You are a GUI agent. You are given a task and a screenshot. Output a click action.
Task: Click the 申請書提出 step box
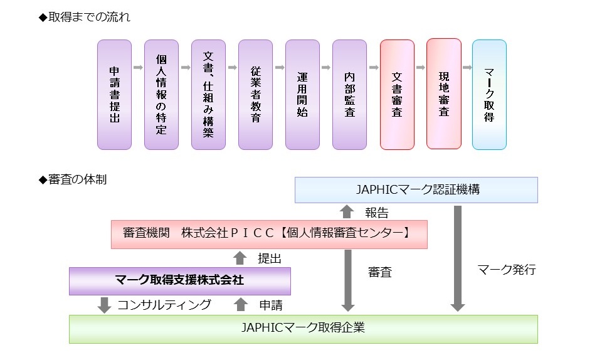[114, 95]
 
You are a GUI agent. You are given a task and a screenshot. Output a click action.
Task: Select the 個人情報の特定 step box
[161, 95]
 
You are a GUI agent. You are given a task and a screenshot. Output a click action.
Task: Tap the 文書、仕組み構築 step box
[208, 95]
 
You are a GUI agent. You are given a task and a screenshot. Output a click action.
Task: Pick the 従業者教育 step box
[255, 95]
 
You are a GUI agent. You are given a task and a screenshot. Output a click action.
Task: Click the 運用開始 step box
[302, 95]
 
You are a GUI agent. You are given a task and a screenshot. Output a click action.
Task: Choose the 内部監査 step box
[349, 95]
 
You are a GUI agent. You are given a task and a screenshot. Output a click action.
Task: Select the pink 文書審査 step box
[397, 95]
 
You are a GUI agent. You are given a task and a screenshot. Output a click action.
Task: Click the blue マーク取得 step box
[489, 95]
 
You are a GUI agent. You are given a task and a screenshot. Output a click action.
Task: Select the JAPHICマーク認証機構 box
[416, 189]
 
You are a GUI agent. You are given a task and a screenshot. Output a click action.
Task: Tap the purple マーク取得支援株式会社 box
[179, 281]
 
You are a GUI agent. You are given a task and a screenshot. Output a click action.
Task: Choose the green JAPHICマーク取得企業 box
[303, 329]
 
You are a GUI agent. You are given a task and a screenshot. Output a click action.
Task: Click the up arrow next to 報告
[347, 212]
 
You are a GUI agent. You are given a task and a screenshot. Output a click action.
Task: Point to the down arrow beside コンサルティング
[104, 305]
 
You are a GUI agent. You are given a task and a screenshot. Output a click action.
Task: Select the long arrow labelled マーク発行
[458, 258]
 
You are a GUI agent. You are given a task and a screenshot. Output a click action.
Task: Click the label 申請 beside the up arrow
[271, 305]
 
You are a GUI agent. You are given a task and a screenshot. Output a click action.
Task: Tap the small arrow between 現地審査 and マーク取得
[467, 68]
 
